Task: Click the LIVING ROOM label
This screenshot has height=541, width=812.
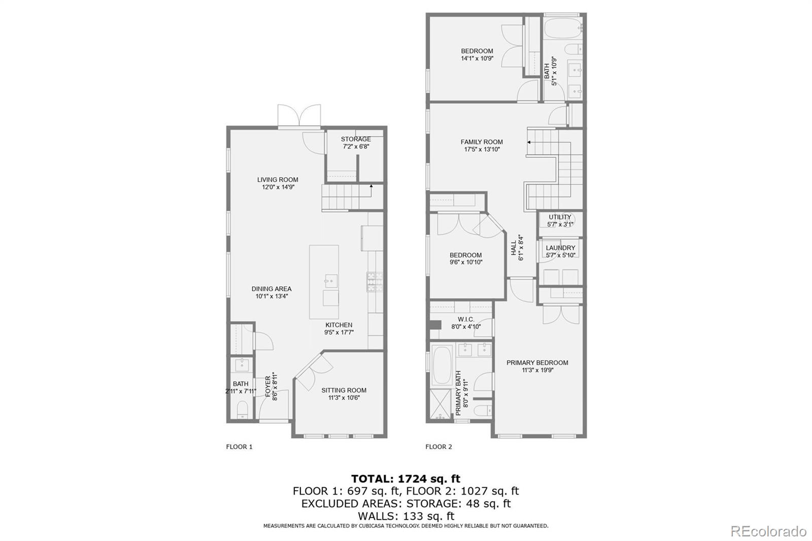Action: (278, 180)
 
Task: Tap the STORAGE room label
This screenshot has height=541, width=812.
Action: (356, 139)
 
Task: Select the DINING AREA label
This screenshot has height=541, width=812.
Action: (272, 289)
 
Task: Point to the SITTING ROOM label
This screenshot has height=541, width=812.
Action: (344, 390)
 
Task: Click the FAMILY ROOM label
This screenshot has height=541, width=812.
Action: (482, 142)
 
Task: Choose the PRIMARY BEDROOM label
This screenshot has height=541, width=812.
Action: (537, 362)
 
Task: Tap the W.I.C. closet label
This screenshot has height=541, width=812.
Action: (466, 319)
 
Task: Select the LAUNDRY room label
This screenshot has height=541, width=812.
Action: (560, 248)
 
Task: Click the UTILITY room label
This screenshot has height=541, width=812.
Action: (560, 217)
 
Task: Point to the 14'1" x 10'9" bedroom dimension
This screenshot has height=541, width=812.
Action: (477, 58)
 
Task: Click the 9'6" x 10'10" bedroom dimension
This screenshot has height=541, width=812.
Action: (466, 262)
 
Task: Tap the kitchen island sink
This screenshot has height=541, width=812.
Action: (330, 281)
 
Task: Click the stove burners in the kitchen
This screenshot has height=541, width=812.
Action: (375, 282)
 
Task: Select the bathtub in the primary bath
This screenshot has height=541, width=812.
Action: (442, 365)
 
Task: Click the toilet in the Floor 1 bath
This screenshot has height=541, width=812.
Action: (242, 410)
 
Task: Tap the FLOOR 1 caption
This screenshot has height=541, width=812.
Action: (239, 447)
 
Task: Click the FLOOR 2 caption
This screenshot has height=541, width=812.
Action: (438, 447)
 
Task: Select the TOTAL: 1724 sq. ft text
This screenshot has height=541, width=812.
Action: (405, 479)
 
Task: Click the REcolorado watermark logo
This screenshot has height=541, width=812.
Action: (768, 531)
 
